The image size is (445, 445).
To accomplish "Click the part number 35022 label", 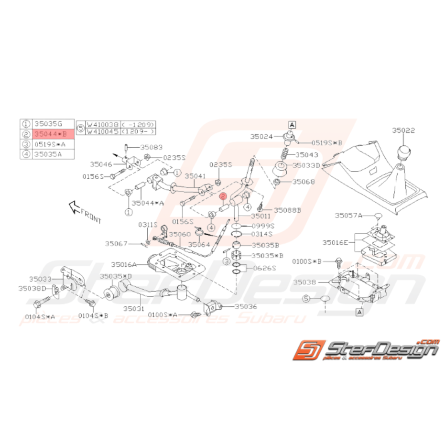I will point(404,130).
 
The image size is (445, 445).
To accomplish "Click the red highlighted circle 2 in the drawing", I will point(222,196).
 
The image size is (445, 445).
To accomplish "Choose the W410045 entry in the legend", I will point(103,131).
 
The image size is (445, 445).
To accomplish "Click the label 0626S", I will point(264,268).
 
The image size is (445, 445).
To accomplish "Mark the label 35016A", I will point(124,264).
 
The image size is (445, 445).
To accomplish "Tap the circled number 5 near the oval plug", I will point(306,298).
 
